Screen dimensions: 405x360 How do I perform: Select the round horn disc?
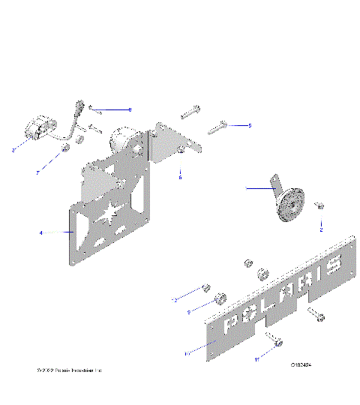[291, 205]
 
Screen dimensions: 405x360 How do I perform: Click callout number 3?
[14, 151]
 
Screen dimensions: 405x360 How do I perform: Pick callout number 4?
[40, 233]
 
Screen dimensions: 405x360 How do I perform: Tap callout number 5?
[250, 125]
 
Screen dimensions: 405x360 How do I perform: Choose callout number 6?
[180, 178]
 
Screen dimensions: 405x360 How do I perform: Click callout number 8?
[130, 109]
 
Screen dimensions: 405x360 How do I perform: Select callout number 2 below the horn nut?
[321, 230]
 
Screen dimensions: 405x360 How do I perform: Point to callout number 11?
[256, 360]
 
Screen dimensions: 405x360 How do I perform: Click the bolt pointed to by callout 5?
[217, 127]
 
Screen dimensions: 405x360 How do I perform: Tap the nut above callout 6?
[181, 155]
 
